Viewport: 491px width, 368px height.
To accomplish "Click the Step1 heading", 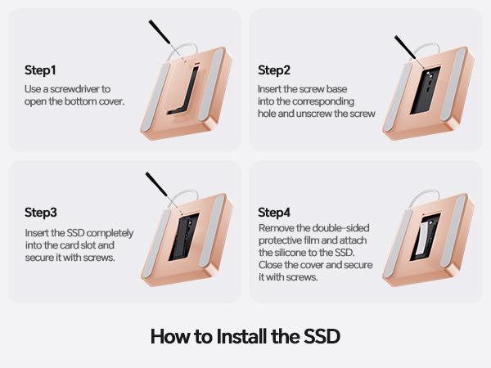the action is (40, 70).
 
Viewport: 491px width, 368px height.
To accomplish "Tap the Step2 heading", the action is (274, 70).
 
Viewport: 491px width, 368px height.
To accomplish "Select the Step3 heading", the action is (41, 213).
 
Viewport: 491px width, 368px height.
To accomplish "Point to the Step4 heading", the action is (274, 213).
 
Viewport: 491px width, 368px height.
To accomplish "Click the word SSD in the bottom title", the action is (322, 336).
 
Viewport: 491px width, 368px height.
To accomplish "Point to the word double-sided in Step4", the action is (341, 228).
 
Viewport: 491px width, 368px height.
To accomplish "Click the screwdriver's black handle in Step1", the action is (159, 32).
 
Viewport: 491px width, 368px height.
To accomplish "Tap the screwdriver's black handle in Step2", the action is (404, 47).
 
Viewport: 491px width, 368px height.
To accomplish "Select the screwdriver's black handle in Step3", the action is (156, 184).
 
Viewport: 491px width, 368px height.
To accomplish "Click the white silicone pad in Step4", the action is (421, 239).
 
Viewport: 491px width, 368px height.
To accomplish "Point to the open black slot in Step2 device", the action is (426, 90).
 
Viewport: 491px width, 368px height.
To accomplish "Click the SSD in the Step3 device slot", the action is (184, 237).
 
